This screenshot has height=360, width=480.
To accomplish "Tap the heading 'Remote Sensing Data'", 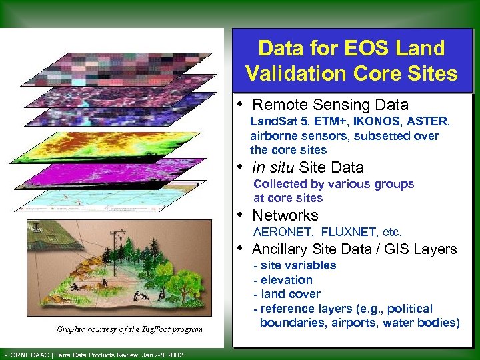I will (x=330, y=105).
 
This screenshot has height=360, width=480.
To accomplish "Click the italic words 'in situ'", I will (x=274, y=167).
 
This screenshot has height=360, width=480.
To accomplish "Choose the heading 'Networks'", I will (x=285, y=215).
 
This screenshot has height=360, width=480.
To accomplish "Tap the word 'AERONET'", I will (x=283, y=232).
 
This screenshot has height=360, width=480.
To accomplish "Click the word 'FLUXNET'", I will (x=347, y=232).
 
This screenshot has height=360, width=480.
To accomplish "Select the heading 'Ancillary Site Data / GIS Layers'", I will (x=354, y=249).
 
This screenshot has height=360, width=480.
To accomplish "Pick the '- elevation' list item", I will (x=283, y=280).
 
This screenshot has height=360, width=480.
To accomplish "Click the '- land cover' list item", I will (x=287, y=294).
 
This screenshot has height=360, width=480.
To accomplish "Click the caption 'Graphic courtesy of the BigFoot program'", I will (x=130, y=329).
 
